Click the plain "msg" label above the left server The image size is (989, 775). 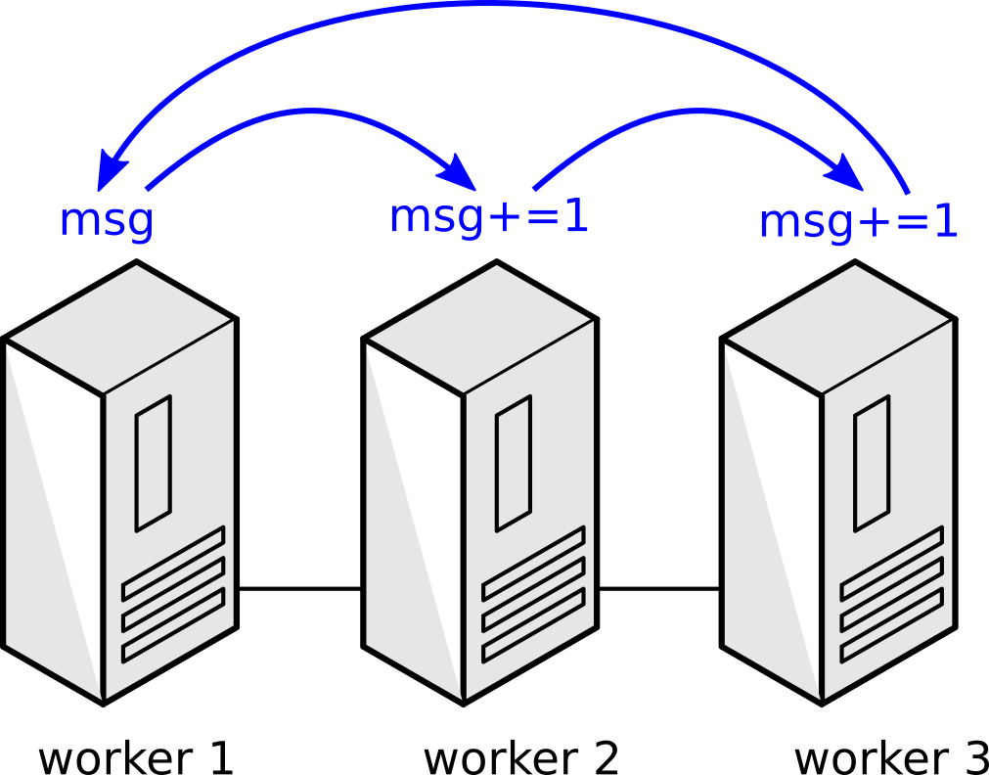coord(107,220)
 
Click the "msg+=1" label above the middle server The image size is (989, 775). coord(488,217)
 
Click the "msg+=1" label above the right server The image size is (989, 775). coord(858,222)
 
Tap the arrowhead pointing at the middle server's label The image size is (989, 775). coord(459,172)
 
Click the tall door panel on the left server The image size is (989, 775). coord(154,464)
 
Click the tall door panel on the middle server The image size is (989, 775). coord(514,464)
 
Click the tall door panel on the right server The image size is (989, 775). coord(872,464)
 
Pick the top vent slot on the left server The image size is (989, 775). coord(173,564)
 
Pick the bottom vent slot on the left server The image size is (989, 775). coord(173,625)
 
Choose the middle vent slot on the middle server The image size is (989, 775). coord(533,594)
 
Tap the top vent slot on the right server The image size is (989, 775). coord(891,564)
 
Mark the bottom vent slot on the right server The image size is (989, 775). coord(891,625)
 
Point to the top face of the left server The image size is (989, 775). coord(121,328)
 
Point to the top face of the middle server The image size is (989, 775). coord(481,328)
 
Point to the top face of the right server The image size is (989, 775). coord(839,328)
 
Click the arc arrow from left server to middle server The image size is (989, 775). coord(303,112)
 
